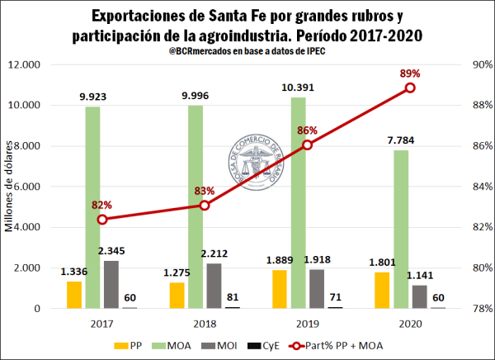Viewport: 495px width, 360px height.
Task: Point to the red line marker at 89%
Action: (x=409, y=88)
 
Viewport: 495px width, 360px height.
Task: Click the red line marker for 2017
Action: (x=101, y=219)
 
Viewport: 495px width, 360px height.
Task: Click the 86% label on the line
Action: (x=307, y=130)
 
